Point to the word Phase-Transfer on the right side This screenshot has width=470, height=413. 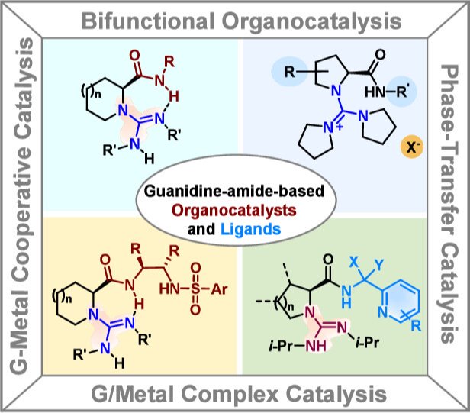tap(452, 134)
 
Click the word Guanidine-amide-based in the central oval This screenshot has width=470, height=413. tap(235, 190)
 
